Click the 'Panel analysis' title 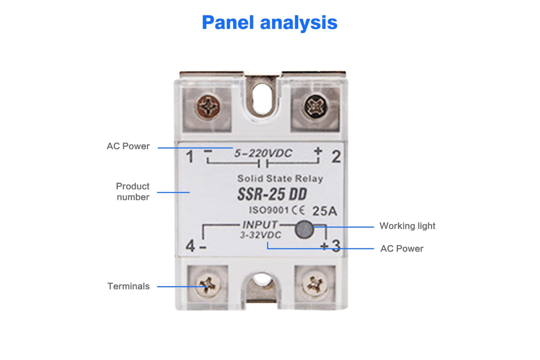(x=270, y=23)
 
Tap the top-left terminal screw (x=208, y=107)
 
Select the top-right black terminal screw (x=315, y=107)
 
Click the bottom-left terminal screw (x=208, y=286)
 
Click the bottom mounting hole (x=261, y=279)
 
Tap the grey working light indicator (x=304, y=229)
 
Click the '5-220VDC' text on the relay (x=263, y=153)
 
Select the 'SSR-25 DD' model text (x=272, y=194)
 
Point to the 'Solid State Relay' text (x=280, y=179)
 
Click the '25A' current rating (x=324, y=211)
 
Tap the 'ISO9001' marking (x=269, y=210)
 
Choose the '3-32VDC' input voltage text (x=261, y=235)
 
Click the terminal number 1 (x=190, y=157)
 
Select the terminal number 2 (x=336, y=157)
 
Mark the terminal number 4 (x=190, y=246)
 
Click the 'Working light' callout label (x=407, y=226)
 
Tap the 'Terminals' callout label (x=129, y=286)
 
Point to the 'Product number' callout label (x=133, y=191)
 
